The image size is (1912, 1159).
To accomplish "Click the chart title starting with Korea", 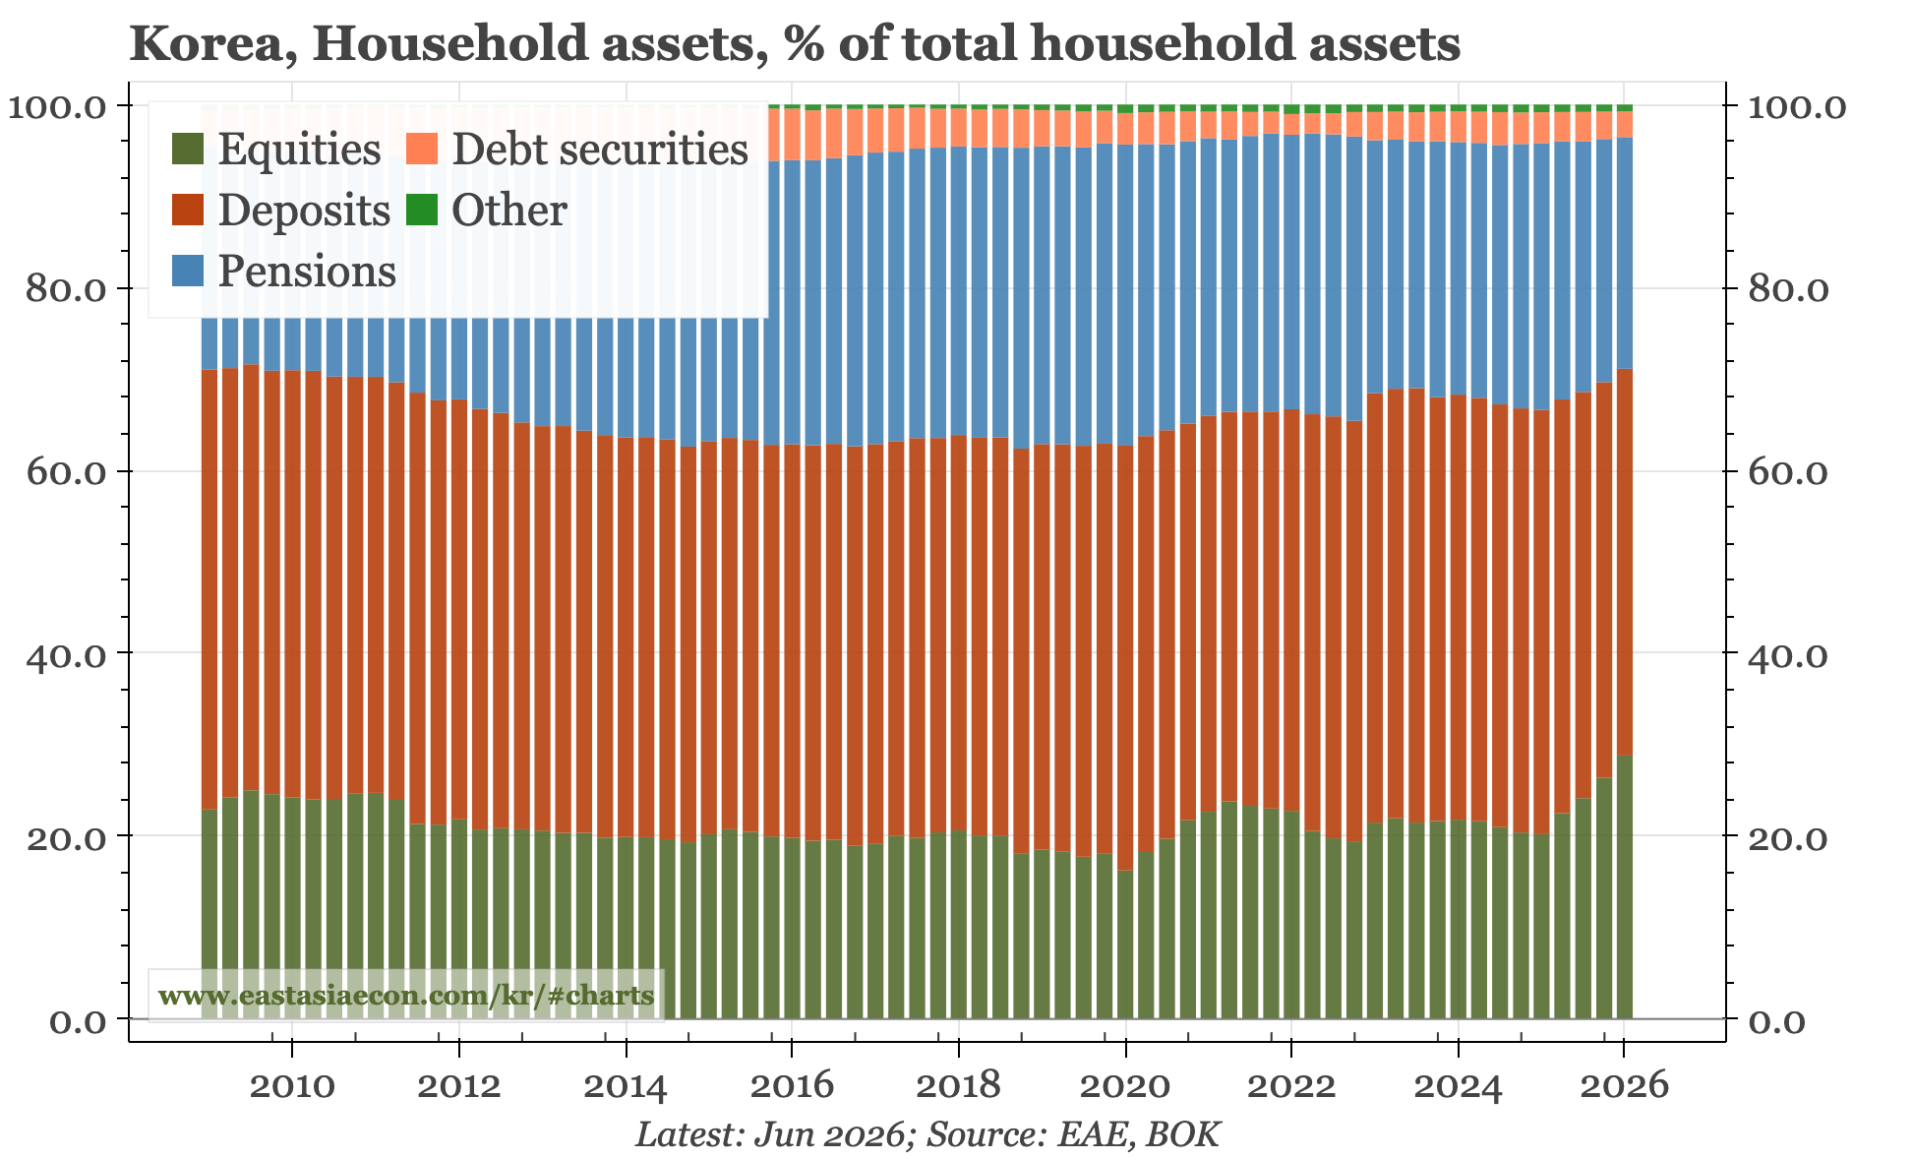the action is click(x=795, y=44).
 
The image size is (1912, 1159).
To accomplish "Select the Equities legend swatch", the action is click(x=187, y=149).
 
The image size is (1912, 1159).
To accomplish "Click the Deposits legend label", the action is click(x=304, y=210).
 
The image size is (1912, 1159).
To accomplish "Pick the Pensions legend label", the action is click(x=307, y=271).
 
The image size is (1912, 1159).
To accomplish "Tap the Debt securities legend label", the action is click(x=600, y=149).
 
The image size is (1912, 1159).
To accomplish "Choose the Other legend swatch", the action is click(x=421, y=210).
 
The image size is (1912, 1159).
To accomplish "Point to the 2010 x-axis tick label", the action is click(x=292, y=1087).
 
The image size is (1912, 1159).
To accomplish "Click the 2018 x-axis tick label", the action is click(x=959, y=1087).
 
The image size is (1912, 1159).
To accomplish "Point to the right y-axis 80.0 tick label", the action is click(x=1786, y=289).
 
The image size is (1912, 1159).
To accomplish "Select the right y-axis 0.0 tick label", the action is click(x=1777, y=1020).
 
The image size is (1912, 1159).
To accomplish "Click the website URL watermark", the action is click(x=405, y=996).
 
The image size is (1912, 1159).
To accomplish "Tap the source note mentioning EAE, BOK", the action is click(x=927, y=1134).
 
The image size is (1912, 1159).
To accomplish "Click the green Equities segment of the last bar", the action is click(x=1624, y=886).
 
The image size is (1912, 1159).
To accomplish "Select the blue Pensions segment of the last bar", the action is click(x=1624, y=253).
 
